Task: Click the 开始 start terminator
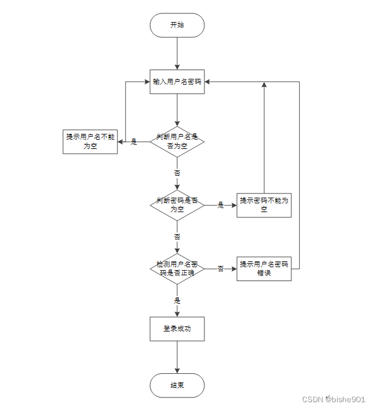coord(177,25)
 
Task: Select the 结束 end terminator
coord(177,385)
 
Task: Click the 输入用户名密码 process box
coord(177,82)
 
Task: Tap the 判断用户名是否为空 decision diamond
coord(177,141)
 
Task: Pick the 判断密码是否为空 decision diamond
coord(177,205)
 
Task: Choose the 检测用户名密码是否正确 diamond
coord(177,268)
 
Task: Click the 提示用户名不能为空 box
coord(90,141)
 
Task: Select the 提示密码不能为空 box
coord(264,205)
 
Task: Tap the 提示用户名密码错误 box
coord(264,268)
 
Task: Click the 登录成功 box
coord(177,329)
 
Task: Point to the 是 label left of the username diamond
coord(134,141)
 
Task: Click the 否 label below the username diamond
coord(177,173)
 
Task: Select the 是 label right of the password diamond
coord(221,205)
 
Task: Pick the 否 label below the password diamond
coord(177,236)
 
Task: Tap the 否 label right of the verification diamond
coord(221,268)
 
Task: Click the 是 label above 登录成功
coord(177,300)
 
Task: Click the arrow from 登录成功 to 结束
coord(177,357)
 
